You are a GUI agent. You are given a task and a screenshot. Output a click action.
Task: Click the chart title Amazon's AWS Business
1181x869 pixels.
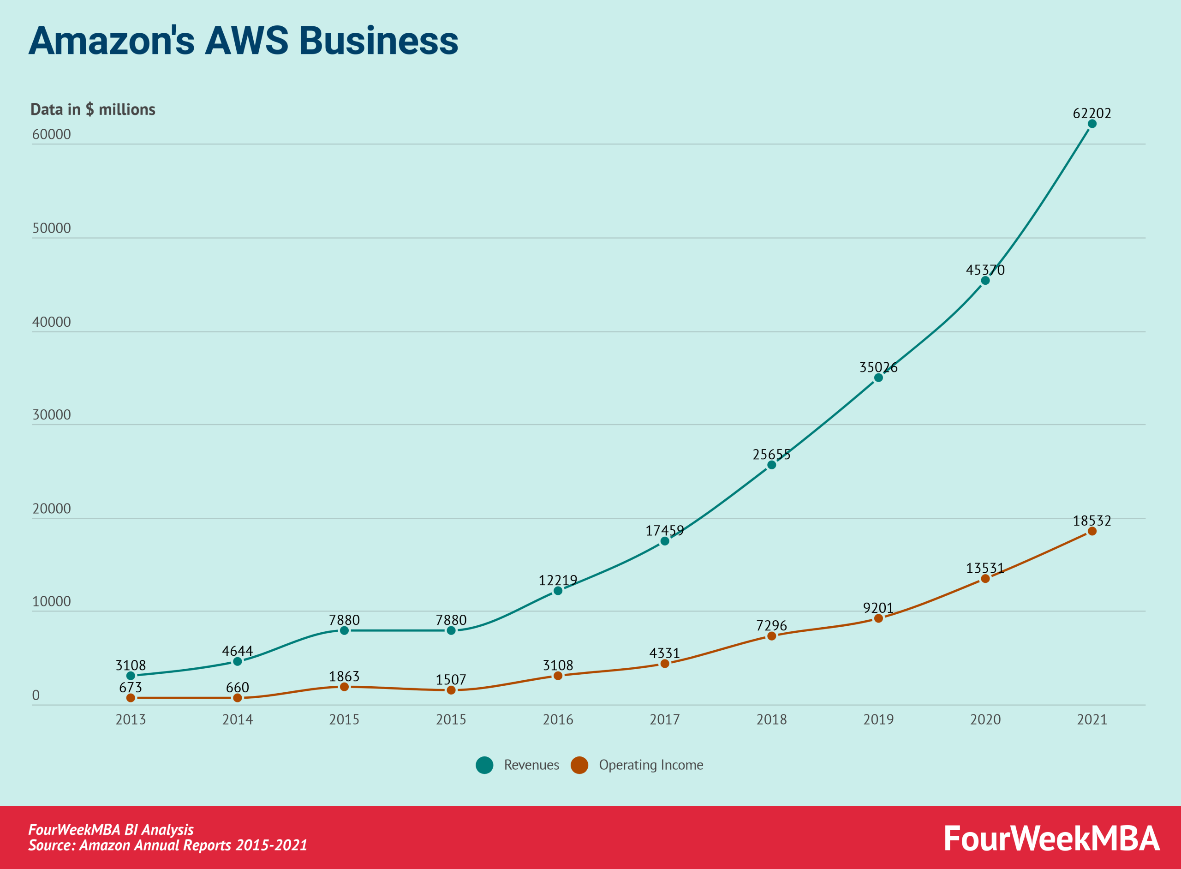click(243, 41)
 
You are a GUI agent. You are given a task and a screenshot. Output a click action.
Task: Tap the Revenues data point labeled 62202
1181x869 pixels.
click(1092, 124)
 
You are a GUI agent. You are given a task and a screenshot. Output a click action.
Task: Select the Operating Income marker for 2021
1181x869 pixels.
click(1092, 531)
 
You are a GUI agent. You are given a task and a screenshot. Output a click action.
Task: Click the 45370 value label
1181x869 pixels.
click(985, 270)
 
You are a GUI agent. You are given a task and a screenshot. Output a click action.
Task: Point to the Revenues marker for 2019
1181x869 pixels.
click(878, 378)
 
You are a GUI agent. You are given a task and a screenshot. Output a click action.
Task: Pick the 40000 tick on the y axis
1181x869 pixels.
click(52, 322)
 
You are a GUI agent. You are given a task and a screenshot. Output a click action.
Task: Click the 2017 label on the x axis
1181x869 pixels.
click(665, 719)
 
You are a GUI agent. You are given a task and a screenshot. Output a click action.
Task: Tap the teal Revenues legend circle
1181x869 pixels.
click(484, 765)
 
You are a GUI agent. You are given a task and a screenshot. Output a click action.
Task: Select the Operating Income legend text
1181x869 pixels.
click(650, 765)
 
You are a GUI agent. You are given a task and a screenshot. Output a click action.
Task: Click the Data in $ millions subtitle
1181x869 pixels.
click(93, 109)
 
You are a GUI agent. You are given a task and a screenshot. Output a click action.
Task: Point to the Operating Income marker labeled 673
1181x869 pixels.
click(131, 698)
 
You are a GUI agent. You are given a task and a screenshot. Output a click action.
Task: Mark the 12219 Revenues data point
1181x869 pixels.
click(558, 591)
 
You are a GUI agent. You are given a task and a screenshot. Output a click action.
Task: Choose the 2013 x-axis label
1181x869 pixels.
click(131, 719)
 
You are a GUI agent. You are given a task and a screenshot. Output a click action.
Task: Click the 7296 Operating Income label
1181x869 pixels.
click(771, 625)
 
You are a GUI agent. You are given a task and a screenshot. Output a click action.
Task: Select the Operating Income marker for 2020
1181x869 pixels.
click(985, 579)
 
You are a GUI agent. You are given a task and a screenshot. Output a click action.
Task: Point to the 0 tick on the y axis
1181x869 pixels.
click(36, 695)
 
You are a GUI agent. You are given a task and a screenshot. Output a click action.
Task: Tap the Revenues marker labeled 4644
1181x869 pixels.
click(237, 661)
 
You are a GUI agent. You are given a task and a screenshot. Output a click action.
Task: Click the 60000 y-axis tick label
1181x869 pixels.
click(52, 134)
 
